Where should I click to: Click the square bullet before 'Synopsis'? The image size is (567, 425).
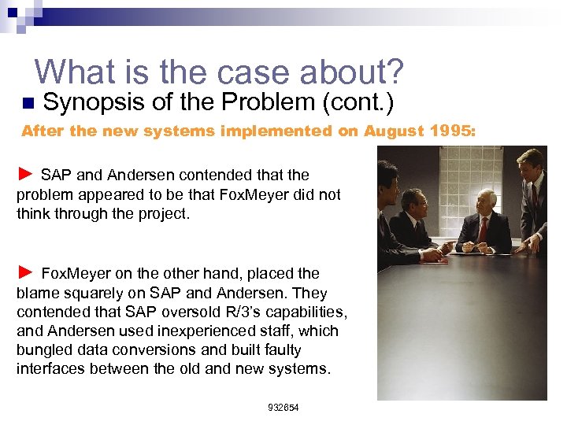(28, 103)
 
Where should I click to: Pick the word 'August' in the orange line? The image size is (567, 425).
(391, 131)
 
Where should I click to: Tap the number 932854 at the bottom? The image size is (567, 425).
(283, 408)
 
